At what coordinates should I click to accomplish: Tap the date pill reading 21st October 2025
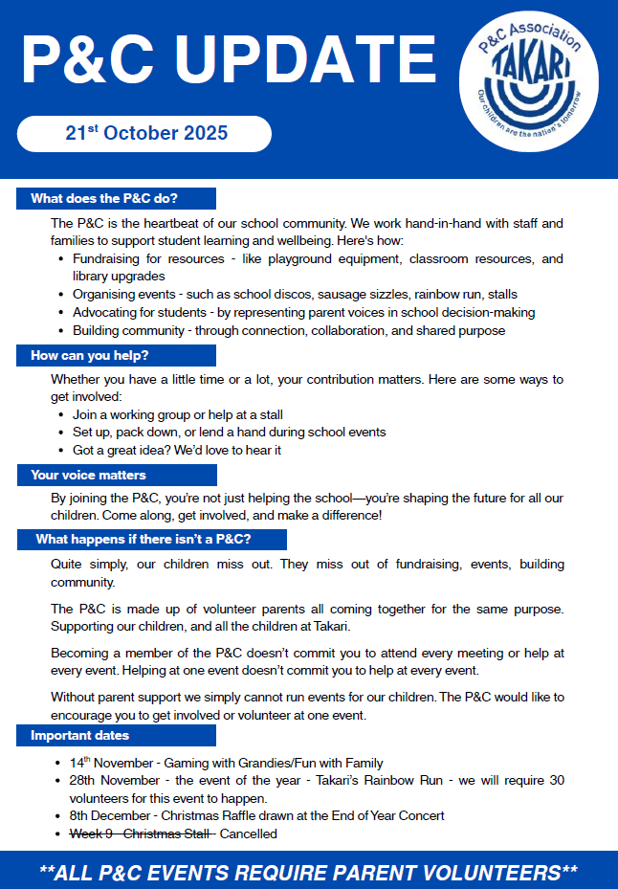145,133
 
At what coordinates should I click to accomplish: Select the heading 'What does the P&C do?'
105,198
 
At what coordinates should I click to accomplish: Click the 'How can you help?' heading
90,355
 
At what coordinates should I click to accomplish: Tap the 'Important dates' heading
80,736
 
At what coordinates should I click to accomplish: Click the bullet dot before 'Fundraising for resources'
61,259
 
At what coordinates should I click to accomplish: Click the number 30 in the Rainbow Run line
555,781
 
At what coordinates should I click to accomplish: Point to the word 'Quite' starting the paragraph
66,564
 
